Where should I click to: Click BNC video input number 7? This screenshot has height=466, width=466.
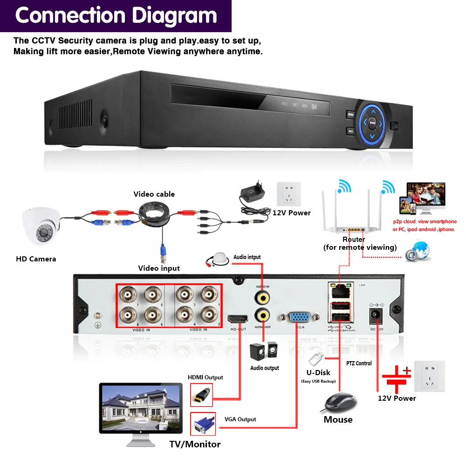point(127,295)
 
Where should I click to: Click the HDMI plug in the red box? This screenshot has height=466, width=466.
point(202,395)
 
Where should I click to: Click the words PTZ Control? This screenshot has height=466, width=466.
point(359,363)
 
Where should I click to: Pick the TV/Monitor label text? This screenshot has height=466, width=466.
point(195,444)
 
